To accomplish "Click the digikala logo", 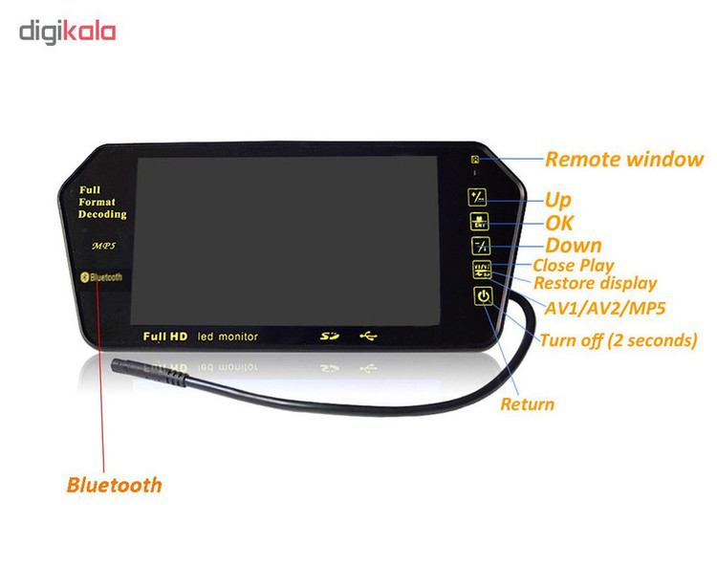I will (67, 32).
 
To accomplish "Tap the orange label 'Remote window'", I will (623, 160).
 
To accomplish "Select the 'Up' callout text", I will (557, 200).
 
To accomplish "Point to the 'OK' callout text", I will (559, 223).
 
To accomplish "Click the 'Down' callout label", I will (573, 246).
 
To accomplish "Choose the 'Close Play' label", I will (573, 265).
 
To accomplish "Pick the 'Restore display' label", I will (595, 283).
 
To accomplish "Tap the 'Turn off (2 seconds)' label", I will (618, 340).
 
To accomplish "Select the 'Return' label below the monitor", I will (527, 403).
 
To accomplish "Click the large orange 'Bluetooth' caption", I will (114, 485).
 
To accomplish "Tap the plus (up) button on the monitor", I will (478, 198).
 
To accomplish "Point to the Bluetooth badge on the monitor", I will (100, 277).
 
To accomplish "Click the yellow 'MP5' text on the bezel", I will (103, 246).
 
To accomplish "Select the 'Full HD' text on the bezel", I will (165, 337).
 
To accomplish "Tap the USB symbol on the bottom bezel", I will (368, 337).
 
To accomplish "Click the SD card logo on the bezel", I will (330, 337).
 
